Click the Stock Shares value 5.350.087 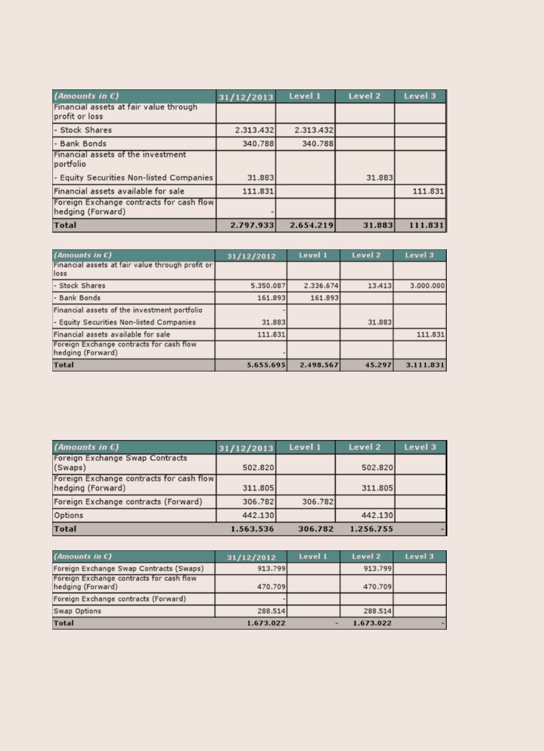pyautogui.click(x=268, y=286)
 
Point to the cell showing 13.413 pyautogui.click(x=379, y=286)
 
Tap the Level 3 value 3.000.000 pyautogui.click(x=427, y=286)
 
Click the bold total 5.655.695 pyautogui.click(x=267, y=365)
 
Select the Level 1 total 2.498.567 pyautogui.click(x=319, y=365)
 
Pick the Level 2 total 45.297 pyautogui.click(x=378, y=365)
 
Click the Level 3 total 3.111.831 pyautogui.click(x=425, y=365)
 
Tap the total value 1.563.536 pyautogui.click(x=252, y=529)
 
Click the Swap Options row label pyautogui.click(x=77, y=611)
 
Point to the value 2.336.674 pyautogui.click(x=321, y=286)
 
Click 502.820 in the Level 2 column pyautogui.click(x=377, y=468)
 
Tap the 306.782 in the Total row pyautogui.click(x=316, y=529)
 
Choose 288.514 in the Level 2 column pyautogui.click(x=377, y=611)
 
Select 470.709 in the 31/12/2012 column pyautogui.click(x=271, y=587)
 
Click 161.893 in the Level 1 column pyautogui.click(x=324, y=298)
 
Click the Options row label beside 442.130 pyautogui.click(x=68, y=515)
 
